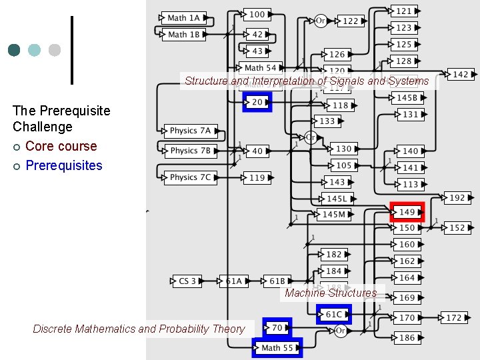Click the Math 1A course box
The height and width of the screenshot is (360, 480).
click(183, 18)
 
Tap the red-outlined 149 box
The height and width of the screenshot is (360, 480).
click(407, 212)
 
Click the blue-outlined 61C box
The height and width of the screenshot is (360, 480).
click(333, 314)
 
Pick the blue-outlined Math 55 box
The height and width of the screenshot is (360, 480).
click(277, 347)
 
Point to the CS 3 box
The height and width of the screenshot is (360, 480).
click(188, 281)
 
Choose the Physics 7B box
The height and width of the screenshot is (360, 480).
click(190, 151)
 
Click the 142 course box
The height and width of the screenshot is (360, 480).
click(461, 75)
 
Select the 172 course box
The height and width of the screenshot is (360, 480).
click(454, 318)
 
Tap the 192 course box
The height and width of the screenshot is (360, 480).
click(457, 198)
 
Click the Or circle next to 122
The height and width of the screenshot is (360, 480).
click(320, 21)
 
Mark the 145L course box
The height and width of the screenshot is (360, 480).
click(337, 199)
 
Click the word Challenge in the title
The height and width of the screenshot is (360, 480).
click(42, 127)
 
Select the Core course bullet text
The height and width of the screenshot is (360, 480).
click(61, 146)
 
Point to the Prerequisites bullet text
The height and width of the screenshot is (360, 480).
click(64, 165)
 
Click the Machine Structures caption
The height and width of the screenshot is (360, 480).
click(331, 293)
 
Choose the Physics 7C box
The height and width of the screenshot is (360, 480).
click(190, 177)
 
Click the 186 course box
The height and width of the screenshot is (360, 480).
click(407, 338)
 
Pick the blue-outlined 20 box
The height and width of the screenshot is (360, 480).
click(257, 102)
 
